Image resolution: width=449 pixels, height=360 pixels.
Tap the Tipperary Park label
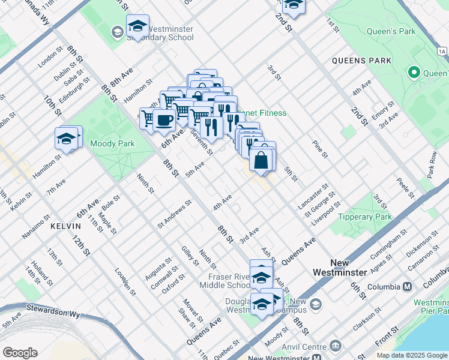(x=364, y=217)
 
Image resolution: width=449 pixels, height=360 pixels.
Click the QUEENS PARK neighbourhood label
(x=361, y=61)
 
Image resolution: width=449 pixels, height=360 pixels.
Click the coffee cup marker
(x=164, y=120)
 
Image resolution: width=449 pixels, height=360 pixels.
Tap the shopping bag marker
(x=262, y=160)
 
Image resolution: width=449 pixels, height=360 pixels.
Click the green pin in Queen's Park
(x=414, y=73)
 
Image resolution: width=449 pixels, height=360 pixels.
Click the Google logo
(x=20, y=353)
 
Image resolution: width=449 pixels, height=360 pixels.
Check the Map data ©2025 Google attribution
(x=412, y=355)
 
